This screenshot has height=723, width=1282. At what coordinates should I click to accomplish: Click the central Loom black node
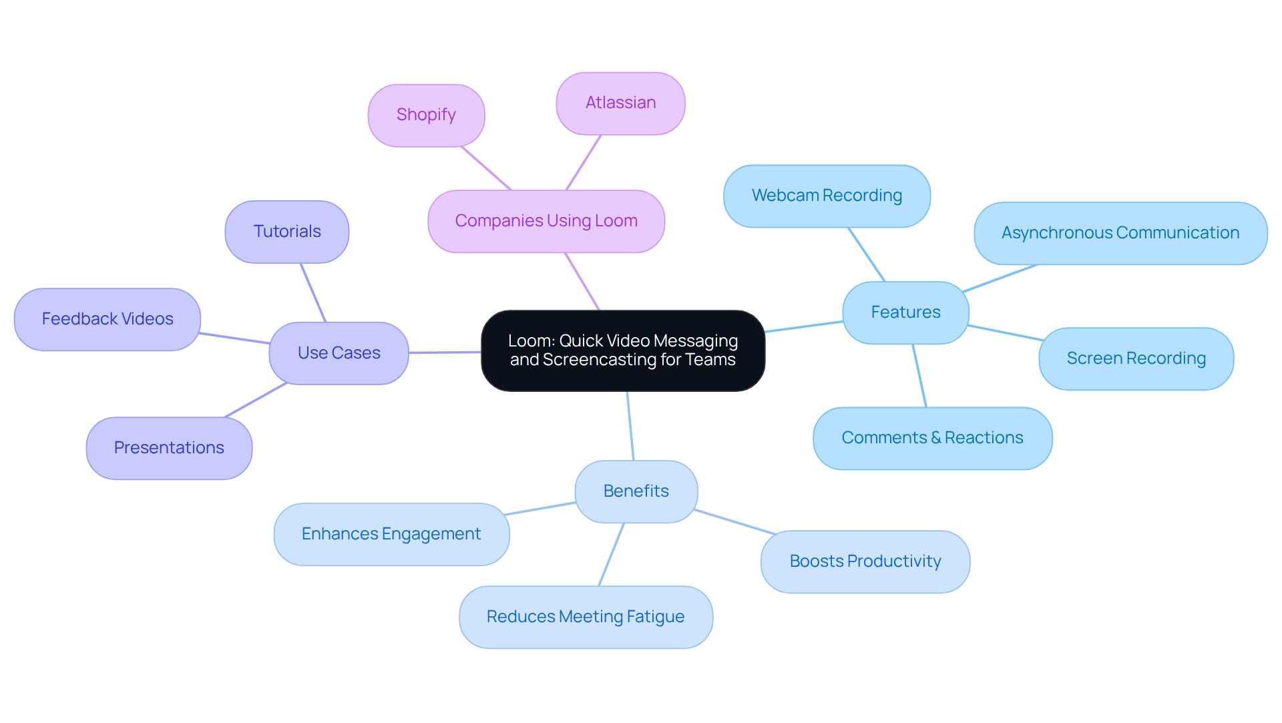pos(622,350)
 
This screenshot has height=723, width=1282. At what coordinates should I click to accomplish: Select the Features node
pos(905,312)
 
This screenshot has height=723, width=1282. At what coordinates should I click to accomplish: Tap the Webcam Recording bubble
pos(827,196)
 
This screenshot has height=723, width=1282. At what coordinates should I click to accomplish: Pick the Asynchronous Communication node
pos(1120,233)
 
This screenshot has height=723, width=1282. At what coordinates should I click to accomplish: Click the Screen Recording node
pos(1136,358)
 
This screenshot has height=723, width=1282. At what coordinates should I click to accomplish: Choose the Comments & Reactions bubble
pos(932,438)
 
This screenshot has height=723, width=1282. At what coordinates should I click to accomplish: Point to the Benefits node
pos(636,491)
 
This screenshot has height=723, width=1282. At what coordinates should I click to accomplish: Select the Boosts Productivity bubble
pos(865,561)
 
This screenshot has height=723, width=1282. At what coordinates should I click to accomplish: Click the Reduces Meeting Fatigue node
pos(586,617)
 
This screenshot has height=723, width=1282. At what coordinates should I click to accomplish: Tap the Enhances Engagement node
pos(391,534)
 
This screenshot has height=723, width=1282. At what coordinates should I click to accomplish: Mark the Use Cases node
pos(339,353)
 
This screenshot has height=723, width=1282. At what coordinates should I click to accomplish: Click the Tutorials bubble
pos(287,232)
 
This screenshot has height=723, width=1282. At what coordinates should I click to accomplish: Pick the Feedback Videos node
pos(108,319)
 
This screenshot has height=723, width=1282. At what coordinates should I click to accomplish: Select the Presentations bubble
pos(169,448)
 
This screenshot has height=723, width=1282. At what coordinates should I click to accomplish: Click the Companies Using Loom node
pos(546,221)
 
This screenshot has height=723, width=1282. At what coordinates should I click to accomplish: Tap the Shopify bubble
pos(426,115)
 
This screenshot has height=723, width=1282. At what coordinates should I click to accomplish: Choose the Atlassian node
pos(620,103)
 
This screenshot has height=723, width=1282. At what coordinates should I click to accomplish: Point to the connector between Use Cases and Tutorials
pos(312,292)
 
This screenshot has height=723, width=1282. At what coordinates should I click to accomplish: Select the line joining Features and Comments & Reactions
pos(919,376)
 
